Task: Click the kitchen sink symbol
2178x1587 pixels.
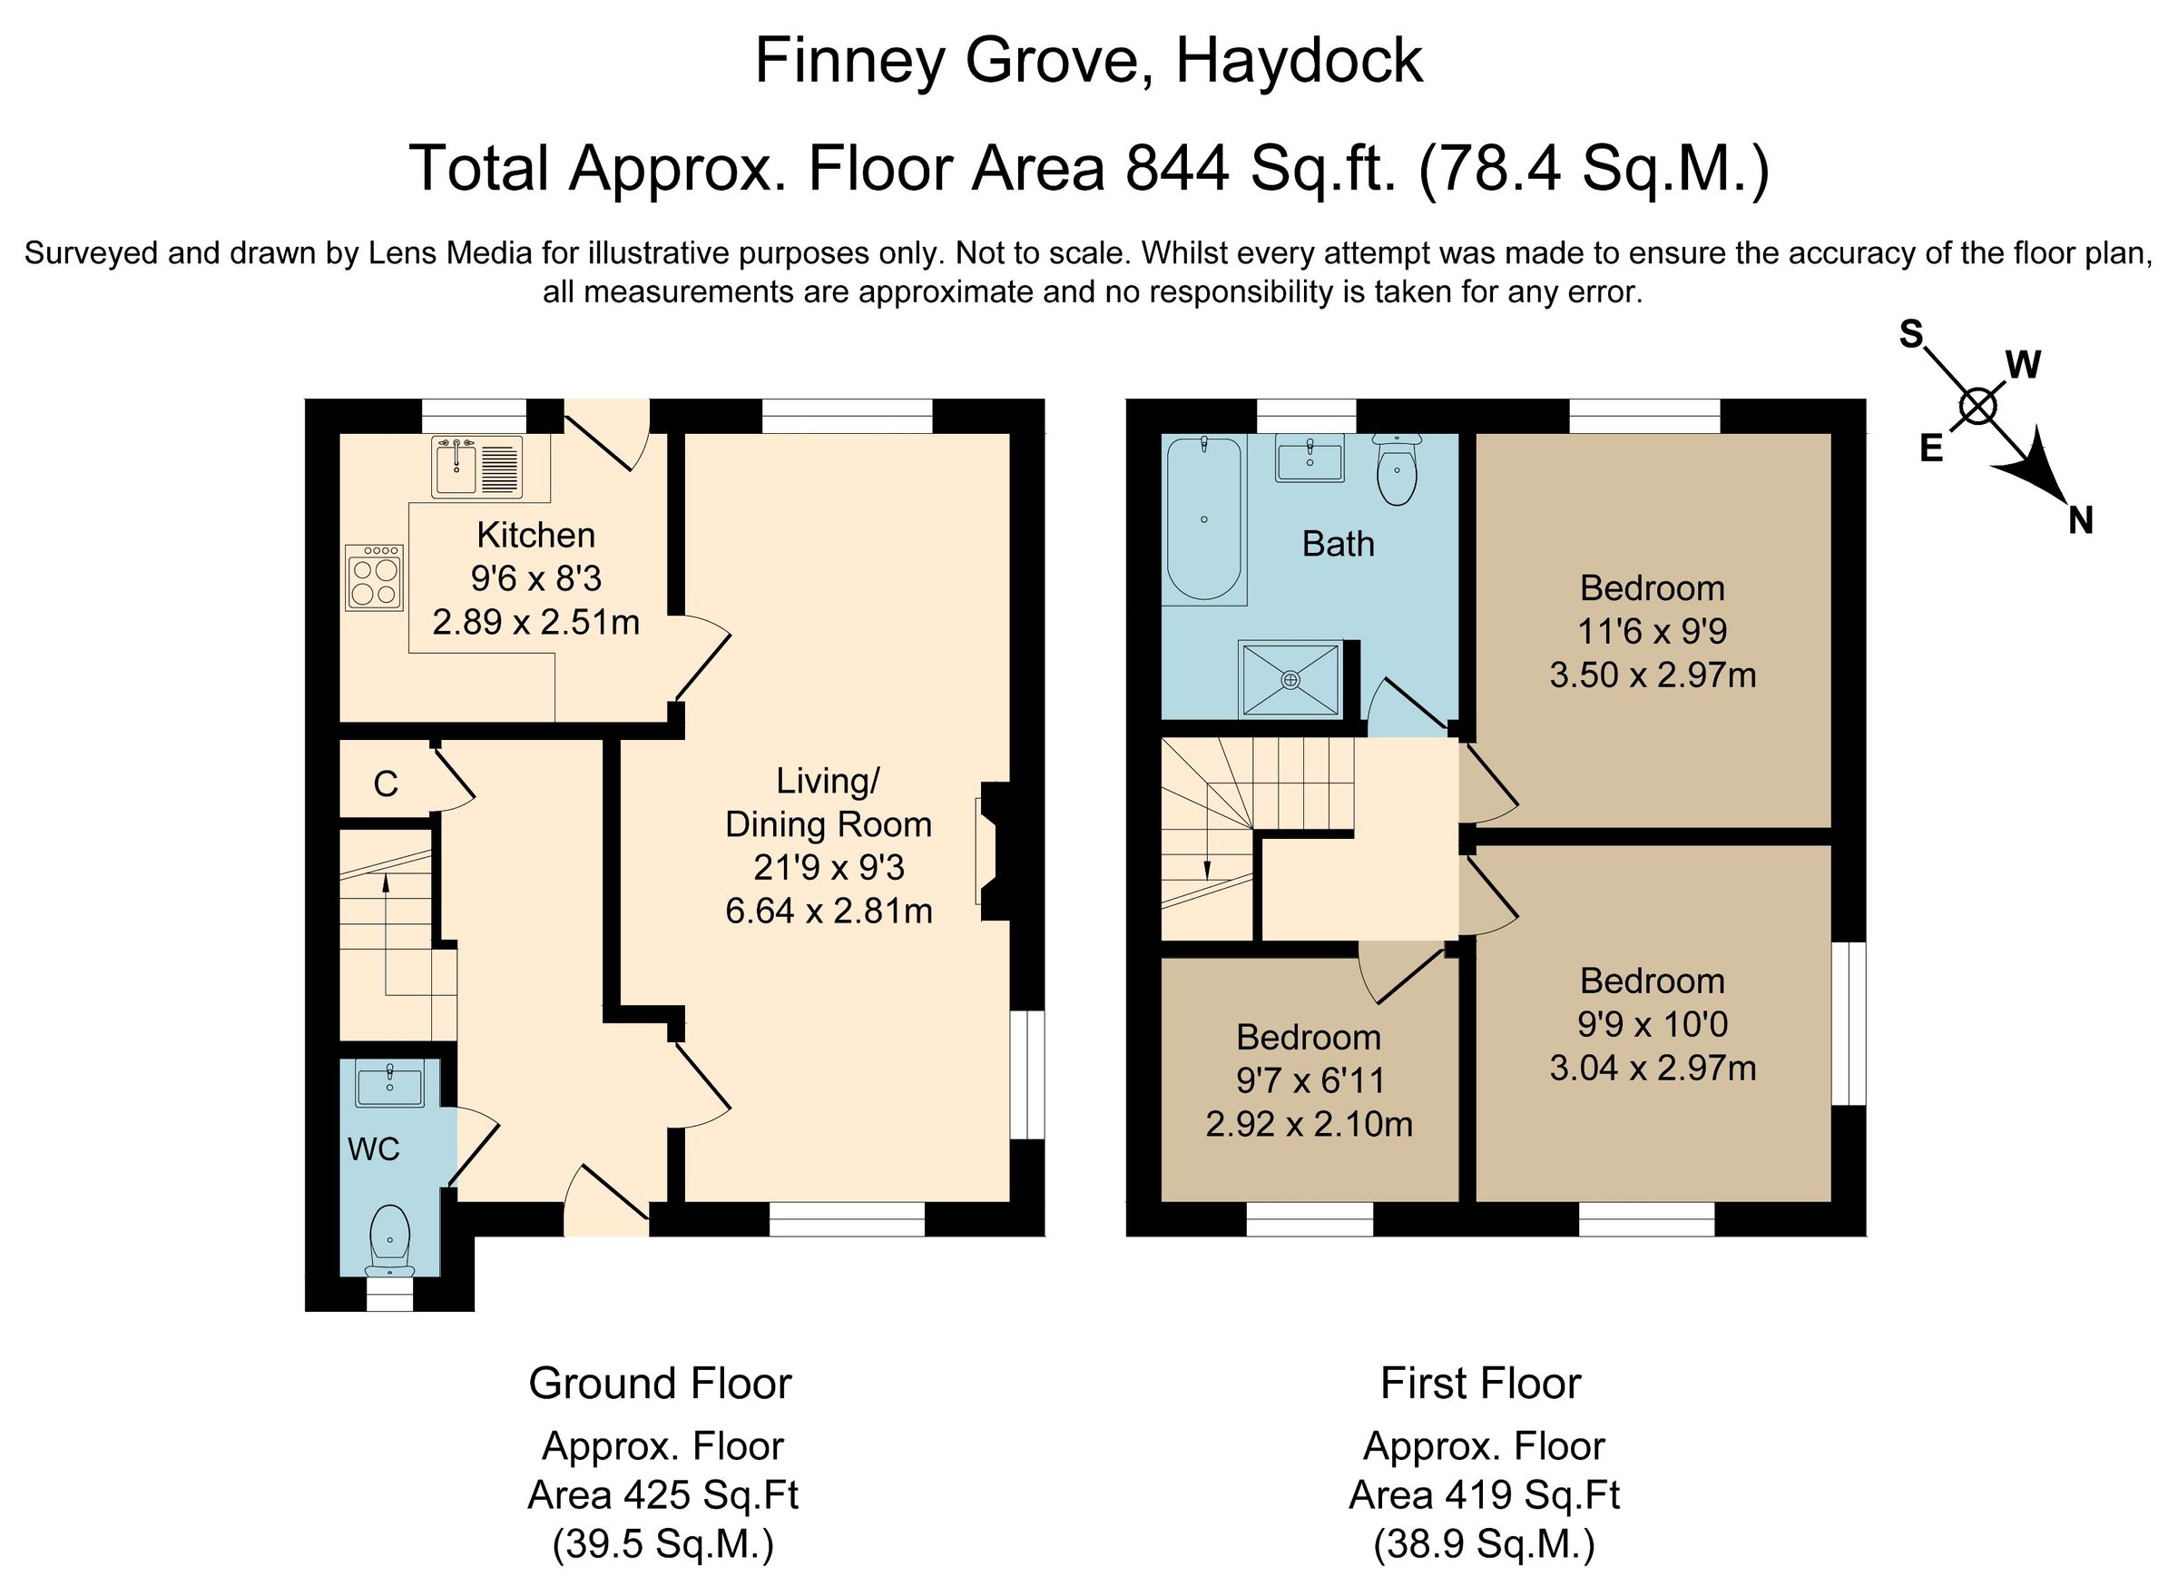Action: [476, 466]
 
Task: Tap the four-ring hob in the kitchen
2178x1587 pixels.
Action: [375, 577]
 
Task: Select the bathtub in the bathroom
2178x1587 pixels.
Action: [1203, 518]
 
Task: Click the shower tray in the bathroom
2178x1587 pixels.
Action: [1290, 679]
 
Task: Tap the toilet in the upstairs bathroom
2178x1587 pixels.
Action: [1398, 470]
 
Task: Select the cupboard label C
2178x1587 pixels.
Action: [385, 784]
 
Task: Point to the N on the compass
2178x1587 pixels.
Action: [2080, 522]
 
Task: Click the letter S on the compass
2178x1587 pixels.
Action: [1912, 335]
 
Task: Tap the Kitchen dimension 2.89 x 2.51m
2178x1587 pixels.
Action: [535, 623]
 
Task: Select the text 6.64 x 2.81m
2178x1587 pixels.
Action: [829, 911]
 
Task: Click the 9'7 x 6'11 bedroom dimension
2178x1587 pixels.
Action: [1310, 1080]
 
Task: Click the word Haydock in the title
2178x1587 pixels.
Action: [1299, 62]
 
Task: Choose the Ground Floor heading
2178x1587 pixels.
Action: [660, 1384]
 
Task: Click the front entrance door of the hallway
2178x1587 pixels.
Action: [605, 1203]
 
